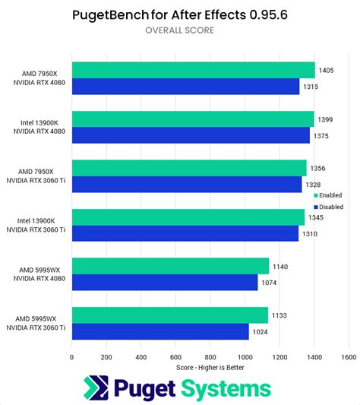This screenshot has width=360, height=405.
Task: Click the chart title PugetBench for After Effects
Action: pyautogui.click(x=180, y=14)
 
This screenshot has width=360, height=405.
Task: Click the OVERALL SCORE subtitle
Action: pyautogui.click(x=180, y=30)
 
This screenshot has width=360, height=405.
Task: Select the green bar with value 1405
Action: pyautogui.click(x=193, y=70)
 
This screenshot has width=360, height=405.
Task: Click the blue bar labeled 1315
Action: pyautogui.click(x=185, y=87)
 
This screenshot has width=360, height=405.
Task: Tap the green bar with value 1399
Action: pyautogui.click(x=192, y=119)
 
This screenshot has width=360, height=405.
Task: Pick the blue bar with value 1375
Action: pyautogui.click(x=191, y=135)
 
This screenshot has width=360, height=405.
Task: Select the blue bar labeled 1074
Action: pyautogui.click(x=164, y=282)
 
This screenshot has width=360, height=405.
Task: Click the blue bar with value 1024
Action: pyautogui.click(x=160, y=331)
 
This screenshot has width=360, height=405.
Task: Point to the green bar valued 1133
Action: pyautogui.click(x=169, y=315)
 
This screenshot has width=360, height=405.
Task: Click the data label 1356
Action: pyautogui.click(x=320, y=168)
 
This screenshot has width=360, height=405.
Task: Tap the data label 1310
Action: pyautogui.click(x=312, y=233)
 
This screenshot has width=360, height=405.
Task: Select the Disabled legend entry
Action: pyautogui.click(x=328, y=206)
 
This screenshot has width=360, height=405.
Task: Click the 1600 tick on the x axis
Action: pyautogui.click(x=349, y=356)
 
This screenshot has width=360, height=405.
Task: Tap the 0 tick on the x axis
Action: pyautogui.click(x=72, y=356)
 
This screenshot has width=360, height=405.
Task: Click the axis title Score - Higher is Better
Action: pyautogui.click(x=210, y=367)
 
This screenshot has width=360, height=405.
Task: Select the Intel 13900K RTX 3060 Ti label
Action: pyautogui.click(x=39, y=224)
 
